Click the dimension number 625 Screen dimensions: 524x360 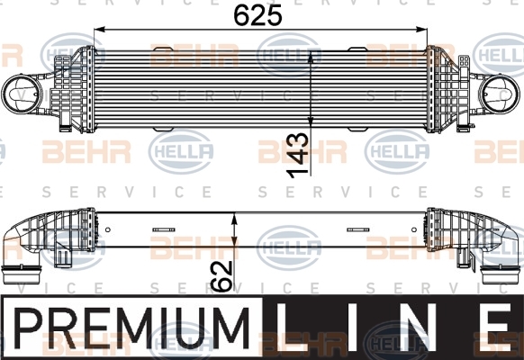click(257, 15)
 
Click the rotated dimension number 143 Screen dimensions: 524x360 click(298, 156)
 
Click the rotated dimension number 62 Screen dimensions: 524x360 click(222, 275)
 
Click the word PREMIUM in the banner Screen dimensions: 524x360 click(131, 328)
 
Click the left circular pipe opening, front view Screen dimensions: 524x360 click(22, 94)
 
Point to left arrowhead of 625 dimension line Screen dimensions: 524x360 click(100, 30)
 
